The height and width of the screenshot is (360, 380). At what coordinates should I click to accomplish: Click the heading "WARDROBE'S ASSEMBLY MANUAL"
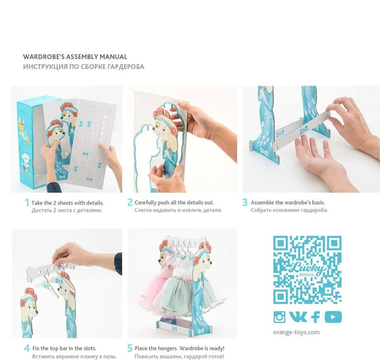tap(75, 57)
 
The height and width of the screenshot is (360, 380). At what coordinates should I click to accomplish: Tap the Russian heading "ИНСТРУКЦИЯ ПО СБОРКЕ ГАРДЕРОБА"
tap(84, 67)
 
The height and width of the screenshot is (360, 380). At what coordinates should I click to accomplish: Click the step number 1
tap(27, 203)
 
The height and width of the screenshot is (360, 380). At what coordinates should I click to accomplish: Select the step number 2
tap(130, 202)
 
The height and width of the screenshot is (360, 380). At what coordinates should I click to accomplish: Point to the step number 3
tap(244, 202)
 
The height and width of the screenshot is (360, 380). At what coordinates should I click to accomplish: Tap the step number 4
tap(27, 349)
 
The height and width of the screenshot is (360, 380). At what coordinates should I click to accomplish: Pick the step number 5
tap(130, 349)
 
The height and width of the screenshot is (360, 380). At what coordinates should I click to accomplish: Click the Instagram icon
tap(279, 317)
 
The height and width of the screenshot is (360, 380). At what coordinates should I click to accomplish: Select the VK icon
tap(298, 317)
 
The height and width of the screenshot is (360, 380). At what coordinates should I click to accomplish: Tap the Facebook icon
tap(315, 317)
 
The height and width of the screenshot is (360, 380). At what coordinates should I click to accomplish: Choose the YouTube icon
tap(333, 317)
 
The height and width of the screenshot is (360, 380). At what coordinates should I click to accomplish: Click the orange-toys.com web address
tap(296, 332)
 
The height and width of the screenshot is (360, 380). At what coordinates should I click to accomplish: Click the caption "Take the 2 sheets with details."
tap(68, 203)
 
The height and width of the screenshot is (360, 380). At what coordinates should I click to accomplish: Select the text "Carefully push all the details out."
tap(174, 203)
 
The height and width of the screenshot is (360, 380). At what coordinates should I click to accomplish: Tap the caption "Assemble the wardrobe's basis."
tap(288, 203)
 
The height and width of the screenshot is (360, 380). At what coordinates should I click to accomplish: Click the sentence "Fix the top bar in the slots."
tap(64, 349)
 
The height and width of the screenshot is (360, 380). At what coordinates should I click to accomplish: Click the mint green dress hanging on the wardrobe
tap(184, 288)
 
